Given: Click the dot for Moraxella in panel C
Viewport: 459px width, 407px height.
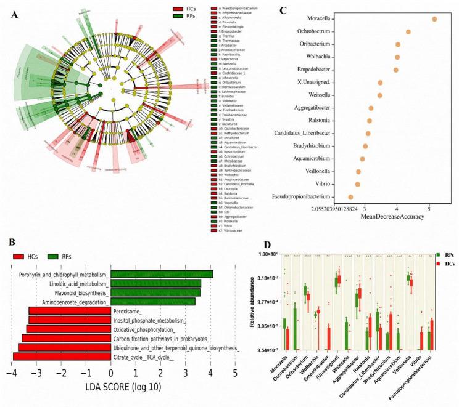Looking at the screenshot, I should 434,19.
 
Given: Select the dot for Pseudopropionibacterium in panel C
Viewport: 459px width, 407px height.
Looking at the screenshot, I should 350,197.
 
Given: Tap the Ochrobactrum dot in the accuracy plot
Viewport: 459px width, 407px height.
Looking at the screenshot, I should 408,31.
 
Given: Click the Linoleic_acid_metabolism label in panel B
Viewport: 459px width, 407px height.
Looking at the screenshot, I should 70,283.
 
